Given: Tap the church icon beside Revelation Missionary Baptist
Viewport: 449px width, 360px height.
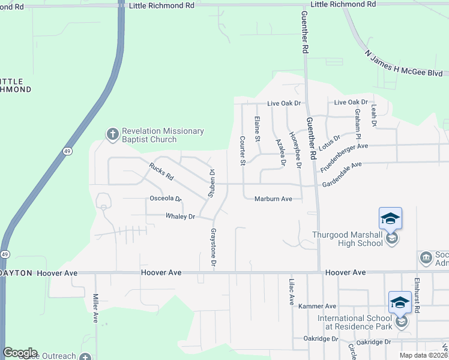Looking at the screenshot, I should pyautogui.click(x=113, y=134).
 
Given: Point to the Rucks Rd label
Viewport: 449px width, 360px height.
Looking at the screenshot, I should pyautogui.click(x=161, y=173).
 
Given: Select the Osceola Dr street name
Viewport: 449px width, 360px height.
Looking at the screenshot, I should pyautogui.click(x=165, y=199).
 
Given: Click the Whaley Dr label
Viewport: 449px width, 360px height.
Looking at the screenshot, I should pyautogui.click(x=181, y=217).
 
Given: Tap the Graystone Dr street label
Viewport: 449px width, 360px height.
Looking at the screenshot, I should pyautogui.click(x=212, y=247).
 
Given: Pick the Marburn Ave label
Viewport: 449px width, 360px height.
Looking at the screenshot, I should pyautogui.click(x=273, y=199).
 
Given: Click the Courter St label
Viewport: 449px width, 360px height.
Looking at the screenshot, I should pyautogui.click(x=243, y=151).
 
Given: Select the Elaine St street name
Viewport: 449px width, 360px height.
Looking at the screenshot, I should pyautogui.click(x=258, y=129).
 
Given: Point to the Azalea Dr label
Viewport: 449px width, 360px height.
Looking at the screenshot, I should pyautogui.click(x=279, y=151).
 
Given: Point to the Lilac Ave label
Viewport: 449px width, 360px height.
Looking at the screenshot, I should pyautogui.click(x=292, y=291).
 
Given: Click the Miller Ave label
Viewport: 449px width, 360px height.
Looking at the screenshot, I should pyautogui.click(x=95, y=308).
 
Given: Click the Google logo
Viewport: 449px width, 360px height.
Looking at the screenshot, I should pyautogui.click(x=20, y=353).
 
